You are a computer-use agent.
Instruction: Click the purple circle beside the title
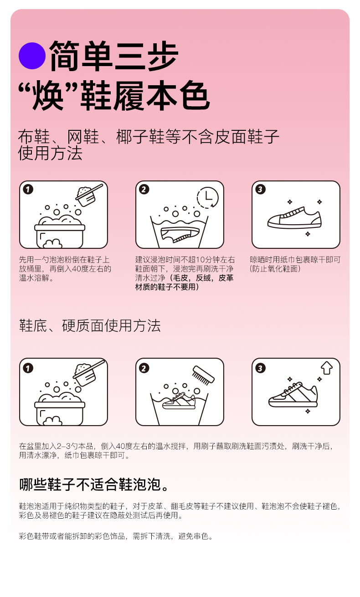pyautogui.click(x=32, y=56)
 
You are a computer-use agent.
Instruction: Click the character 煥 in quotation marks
pyautogui.click(x=48, y=95)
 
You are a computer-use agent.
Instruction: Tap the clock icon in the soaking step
pyautogui.click(x=208, y=197)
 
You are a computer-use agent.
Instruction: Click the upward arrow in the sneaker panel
pyautogui.click(x=327, y=368)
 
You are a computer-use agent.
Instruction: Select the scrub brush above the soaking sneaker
pyautogui.click(x=203, y=375)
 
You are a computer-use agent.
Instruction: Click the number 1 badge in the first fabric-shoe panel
pyautogui.click(x=28, y=189)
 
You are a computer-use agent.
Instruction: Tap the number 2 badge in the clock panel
pyautogui.click(x=144, y=189)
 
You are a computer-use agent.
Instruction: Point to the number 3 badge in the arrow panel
pyautogui.click(x=260, y=368)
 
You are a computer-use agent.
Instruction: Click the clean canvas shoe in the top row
pyautogui.click(x=294, y=217)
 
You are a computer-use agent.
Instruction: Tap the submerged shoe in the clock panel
pyautogui.click(x=180, y=235)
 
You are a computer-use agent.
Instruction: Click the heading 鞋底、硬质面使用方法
pyautogui.click(x=90, y=326)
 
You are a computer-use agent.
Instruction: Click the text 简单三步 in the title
pyautogui.click(x=114, y=56)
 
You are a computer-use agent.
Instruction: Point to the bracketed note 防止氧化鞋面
pyautogui.click(x=275, y=269)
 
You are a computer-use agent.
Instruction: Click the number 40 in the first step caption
pyautogui.click(x=77, y=269)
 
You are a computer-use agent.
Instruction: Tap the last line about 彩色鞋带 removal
pyautogui.click(x=116, y=536)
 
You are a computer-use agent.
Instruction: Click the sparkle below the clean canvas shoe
pyautogui.click(x=308, y=234)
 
